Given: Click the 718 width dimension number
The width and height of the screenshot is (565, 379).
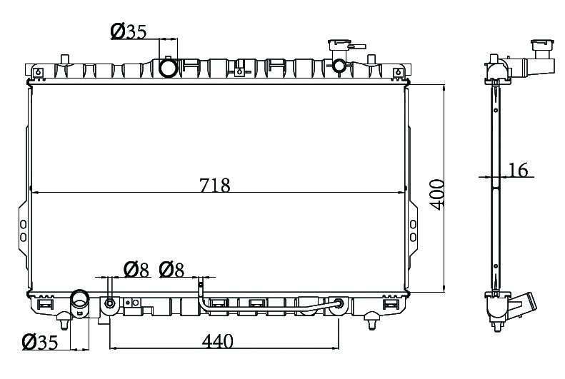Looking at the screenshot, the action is [215, 186].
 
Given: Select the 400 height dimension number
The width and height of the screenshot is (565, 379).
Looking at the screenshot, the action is [438, 194].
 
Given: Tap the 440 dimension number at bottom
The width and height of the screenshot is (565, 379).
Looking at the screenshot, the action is [218, 341].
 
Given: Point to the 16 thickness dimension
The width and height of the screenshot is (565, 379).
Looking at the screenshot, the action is [519, 170].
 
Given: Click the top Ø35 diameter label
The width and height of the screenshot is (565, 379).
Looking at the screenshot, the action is [129, 31].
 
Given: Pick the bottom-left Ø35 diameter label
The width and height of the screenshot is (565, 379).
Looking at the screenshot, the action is [39, 342].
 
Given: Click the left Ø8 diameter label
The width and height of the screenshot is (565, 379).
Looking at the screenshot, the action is [136, 270].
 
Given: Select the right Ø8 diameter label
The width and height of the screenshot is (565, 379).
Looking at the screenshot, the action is [171, 270].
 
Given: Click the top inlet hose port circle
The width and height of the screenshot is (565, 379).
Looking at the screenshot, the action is [169, 68].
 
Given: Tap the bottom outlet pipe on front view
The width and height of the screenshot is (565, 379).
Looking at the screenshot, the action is [80, 304].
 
